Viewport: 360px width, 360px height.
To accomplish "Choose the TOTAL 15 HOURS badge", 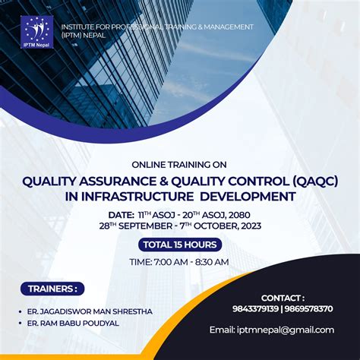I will (180, 245).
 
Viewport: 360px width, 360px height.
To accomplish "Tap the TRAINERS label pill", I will (52, 289).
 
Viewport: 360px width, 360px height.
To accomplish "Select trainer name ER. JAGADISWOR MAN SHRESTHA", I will (87, 311).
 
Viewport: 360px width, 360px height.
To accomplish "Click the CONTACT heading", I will (283, 298).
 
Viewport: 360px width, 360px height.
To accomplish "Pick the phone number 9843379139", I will (255, 309).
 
